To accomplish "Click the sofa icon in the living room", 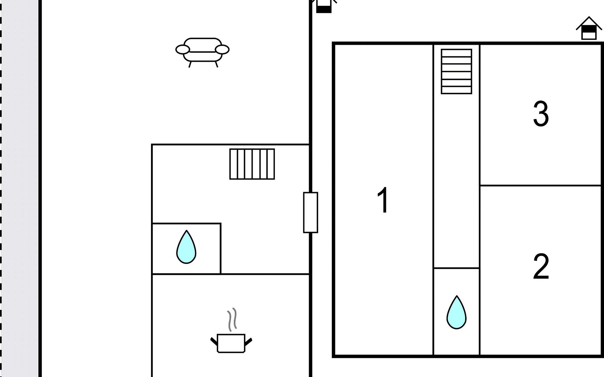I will [x=202, y=50].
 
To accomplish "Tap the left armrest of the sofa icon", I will [x=182, y=50].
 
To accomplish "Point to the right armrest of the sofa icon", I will [x=222, y=50].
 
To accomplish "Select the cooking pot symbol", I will [x=231, y=343].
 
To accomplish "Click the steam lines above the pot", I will [x=232, y=320].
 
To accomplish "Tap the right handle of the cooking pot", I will [x=248, y=341].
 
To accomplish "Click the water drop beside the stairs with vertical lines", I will [x=186, y=247].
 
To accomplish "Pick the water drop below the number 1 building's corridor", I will [x=456, y=313].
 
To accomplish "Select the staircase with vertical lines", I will [x=252, y=164].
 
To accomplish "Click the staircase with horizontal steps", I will [x=456, y=71].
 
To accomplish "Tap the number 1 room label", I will [x=383, y=200].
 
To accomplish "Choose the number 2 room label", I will [x=541, y=266].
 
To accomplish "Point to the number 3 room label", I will [x=541, y=114].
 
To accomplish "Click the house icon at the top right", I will [x=589, y=29].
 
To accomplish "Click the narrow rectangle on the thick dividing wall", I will [x=310, y=212].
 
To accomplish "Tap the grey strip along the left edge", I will [x=20, y=188].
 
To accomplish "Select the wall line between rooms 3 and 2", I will [x=541, y=186].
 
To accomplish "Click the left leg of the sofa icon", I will [x=190, y=64].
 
